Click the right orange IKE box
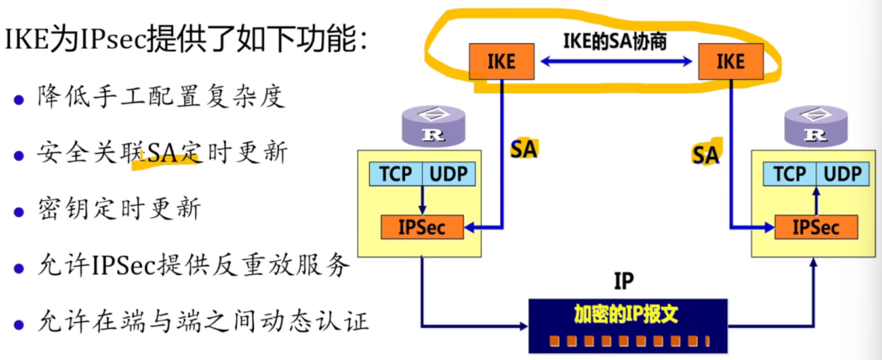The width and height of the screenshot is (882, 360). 730,61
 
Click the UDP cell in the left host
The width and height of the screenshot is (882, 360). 450,174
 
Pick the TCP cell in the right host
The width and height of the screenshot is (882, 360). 790,174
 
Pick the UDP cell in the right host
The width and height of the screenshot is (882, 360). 842,174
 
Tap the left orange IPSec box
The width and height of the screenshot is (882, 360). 422,227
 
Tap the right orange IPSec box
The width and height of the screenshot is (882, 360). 816,227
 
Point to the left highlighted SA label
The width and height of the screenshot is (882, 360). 524,149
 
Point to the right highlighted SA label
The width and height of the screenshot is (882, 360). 705,153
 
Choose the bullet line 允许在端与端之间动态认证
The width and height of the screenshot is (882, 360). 203,322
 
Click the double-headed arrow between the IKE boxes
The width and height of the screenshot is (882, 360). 615,61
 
